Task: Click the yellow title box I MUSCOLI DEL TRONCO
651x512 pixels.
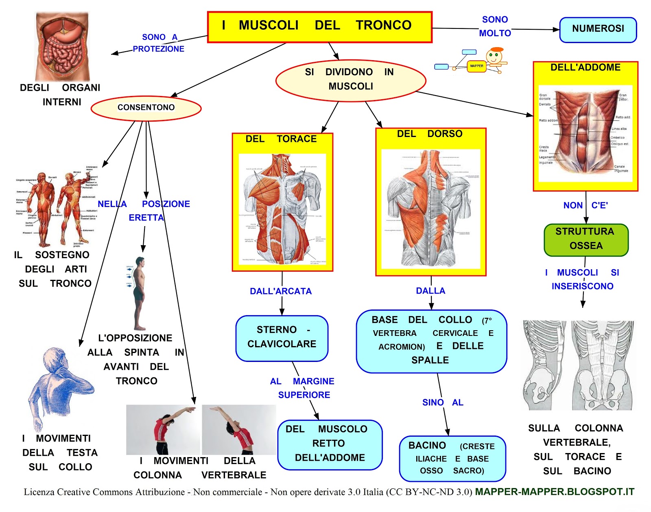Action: coord(319,27)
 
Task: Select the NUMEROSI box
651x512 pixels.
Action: coord(598,29)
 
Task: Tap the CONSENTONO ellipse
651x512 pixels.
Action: coord(146,108)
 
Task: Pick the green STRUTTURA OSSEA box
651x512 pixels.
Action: coord(586,239)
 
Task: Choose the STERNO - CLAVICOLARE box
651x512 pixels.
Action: coord(282,338)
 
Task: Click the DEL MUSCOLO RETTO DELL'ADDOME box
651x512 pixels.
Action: coord(330,444)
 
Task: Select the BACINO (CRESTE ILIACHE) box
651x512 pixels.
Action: coord(452,458)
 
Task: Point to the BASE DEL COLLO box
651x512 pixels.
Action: coord(431,341)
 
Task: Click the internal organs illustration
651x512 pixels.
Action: coord(62,47)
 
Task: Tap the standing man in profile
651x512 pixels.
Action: coord(140,293)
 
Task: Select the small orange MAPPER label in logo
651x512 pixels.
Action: coord(476,66)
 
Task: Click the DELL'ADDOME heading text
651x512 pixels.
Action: coord(585,68)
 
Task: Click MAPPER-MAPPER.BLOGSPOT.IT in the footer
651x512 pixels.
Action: coord(554,492)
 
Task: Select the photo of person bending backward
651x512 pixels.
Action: coord(239,429)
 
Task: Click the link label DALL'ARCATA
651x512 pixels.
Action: coord(281,291)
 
